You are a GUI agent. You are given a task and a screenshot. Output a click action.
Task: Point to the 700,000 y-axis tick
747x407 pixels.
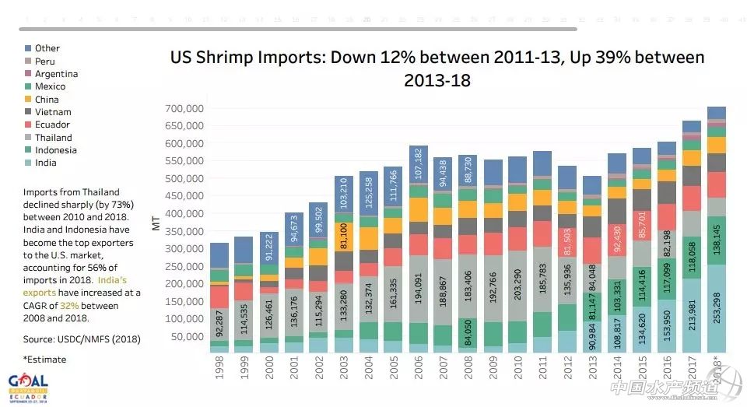click(x=183, y=108)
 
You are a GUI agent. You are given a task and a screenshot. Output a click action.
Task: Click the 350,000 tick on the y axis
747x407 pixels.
click(x=183, y=231)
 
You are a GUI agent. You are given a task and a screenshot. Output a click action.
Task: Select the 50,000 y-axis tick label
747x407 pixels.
click(x=186, y=336)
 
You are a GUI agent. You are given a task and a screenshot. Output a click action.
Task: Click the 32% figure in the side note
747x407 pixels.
click(x=58, y=306)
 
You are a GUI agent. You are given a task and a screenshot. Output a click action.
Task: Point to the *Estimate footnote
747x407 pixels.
click(x=44, y=360)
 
